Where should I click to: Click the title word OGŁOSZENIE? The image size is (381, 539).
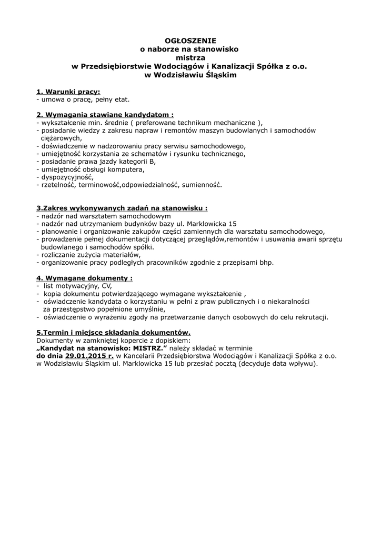pos(190,40)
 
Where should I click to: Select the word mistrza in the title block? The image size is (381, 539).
pos(190,57)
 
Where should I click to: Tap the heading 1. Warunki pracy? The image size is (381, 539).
pos(68,91)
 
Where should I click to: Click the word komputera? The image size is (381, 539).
pos(127,169)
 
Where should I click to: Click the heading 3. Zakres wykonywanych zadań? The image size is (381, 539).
pos(122,208)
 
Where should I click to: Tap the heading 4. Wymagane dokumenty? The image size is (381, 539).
pos(84,277)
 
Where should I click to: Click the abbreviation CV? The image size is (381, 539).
pos(100,285)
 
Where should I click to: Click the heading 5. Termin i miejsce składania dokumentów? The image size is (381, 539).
pos(113,333)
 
